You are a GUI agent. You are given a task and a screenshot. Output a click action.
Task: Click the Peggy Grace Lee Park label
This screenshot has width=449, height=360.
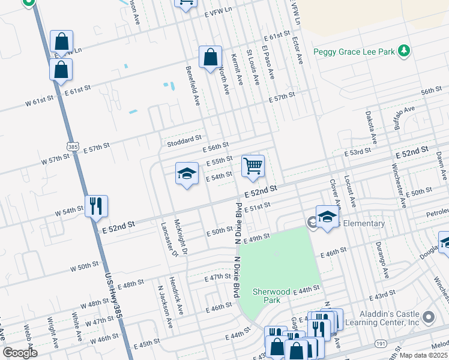[354, 52]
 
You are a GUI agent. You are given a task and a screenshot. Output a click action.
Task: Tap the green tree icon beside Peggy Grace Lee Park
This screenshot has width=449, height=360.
[405, 51]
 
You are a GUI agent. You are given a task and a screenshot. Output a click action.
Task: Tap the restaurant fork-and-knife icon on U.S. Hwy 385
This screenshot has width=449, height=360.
[96, 206]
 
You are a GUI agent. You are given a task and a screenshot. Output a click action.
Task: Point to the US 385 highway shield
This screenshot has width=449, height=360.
[73, 146]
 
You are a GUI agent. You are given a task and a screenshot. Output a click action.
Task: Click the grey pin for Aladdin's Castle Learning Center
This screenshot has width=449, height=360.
[428, 316]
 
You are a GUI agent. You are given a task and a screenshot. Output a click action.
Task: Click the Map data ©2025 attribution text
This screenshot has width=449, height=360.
[423, 355]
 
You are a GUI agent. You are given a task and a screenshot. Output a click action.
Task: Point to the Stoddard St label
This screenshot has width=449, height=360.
[185, 140]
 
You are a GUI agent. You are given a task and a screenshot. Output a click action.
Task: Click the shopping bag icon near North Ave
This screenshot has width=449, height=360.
[210, 58]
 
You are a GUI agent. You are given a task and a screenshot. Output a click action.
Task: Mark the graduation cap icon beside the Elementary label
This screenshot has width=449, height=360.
[327, 217]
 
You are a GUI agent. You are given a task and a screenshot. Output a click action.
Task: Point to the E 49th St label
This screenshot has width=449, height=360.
[256, 239]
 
